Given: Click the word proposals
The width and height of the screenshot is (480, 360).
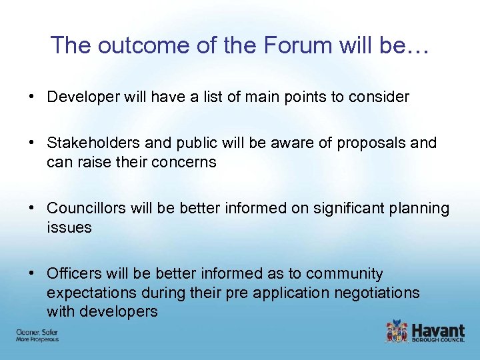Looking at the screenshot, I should pos(371,143).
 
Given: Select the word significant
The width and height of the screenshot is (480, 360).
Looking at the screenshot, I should pos(319,209).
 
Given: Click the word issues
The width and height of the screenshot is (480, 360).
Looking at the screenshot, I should pos(69,227).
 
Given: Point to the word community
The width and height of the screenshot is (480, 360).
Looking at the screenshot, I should pos(344,274).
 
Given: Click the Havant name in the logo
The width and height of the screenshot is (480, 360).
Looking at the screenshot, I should pos(439,329).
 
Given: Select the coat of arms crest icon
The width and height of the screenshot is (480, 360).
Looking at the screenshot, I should pos(397,331).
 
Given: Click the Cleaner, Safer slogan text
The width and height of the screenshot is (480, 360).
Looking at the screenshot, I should pos(37,332).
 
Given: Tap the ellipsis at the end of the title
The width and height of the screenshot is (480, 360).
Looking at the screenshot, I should pos(417,45).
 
